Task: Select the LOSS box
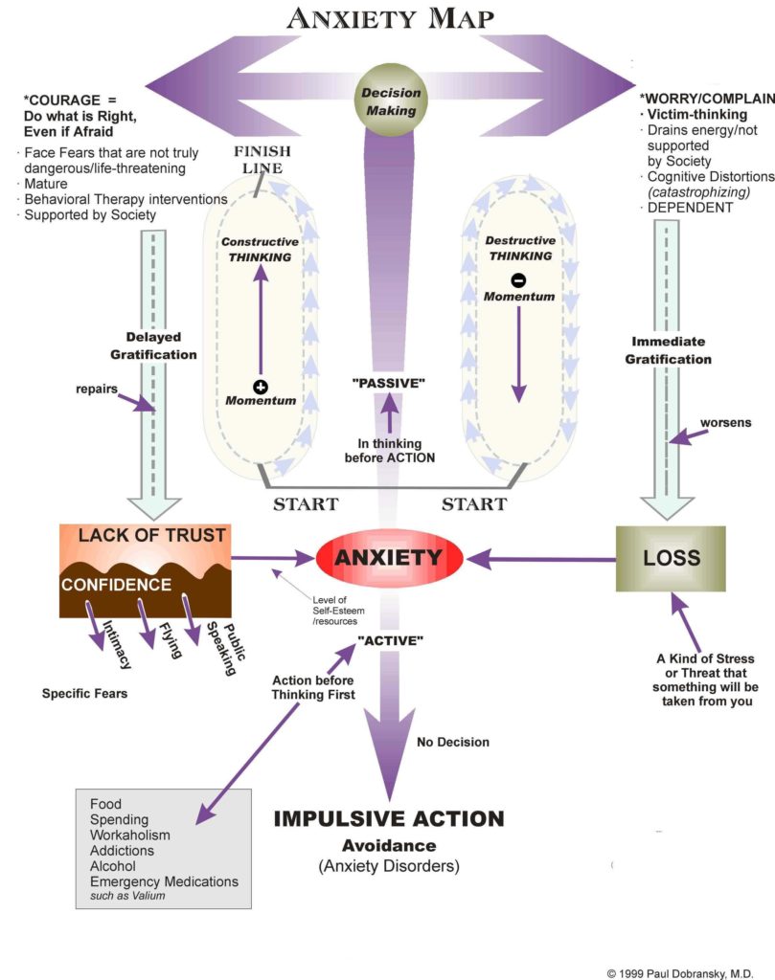point(671,557)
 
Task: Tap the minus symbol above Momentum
point(518,281)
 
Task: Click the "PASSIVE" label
point(387,383)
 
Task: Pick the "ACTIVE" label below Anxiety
point(389,639)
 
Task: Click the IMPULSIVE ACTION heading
point(388,819)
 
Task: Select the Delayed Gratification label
point(161,345)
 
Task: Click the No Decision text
point(453,742)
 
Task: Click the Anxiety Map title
point(389,18)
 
